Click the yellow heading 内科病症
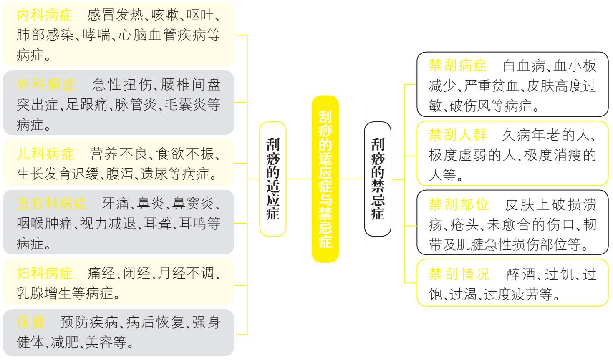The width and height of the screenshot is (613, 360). click(x=45, y=15)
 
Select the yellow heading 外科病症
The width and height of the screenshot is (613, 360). click(x=46, y=85)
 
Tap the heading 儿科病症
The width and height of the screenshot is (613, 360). click(x=45, y=154)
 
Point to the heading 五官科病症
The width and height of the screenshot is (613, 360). click(x=52, y=204)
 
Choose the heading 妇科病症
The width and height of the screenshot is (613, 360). click(x=45, y=273)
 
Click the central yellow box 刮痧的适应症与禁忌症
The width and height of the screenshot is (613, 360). click(x=325, y=179)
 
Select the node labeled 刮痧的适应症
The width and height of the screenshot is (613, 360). click(x=273, y=179)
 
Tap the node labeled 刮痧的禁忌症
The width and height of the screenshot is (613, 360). click(x=378, y=179)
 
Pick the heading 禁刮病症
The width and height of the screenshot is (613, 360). click(x=457, y=66)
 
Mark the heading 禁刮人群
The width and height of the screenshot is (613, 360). click(x=457, y=135)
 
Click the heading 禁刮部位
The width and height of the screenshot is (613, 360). click(x=459, y=205)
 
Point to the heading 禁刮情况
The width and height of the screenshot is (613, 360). click(x=459, y=274)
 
